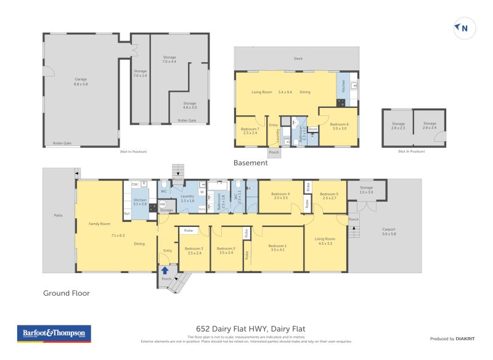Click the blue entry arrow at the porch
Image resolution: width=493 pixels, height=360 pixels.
click(165, 269)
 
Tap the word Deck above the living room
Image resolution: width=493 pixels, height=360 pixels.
click(298, 59)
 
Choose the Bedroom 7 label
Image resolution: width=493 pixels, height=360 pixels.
click(250, 131)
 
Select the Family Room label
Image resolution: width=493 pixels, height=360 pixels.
click(99, 223)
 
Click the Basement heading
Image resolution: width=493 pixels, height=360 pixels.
click(250, 163)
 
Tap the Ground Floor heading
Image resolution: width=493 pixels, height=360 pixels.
click(66, 293)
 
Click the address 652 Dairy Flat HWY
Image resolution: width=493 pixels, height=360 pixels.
click(246, 329)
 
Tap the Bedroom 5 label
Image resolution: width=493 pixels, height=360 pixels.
click(329, 195)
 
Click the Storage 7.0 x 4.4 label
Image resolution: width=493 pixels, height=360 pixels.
click(169, 60)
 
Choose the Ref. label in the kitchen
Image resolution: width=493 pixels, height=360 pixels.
click(126, 214)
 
